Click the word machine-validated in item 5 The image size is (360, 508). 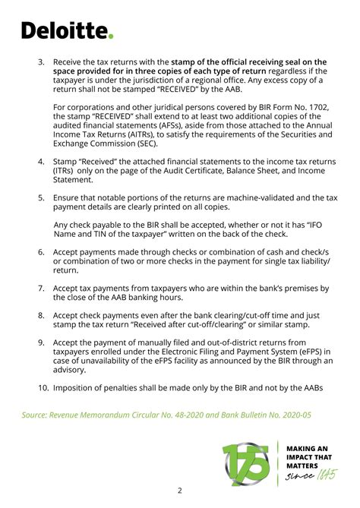pos(254,197)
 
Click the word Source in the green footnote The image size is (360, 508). pos(38,415)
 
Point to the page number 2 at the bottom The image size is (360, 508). pos(179,490)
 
